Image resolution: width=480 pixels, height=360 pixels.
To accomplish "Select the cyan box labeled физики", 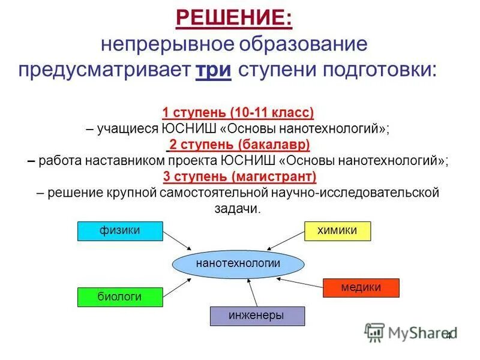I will click(x=120, y=231).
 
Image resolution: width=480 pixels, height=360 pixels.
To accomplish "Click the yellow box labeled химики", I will click(x=337, y=231).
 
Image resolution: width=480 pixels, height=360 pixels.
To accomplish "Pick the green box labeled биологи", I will click(x=120, y=297).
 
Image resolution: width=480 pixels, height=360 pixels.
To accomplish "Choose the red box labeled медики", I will click(x=361, y=287).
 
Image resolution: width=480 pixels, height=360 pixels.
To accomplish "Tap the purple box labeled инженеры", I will click(x=257, y=316).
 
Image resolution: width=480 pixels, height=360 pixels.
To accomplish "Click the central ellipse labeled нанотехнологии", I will click(x=238, y=264).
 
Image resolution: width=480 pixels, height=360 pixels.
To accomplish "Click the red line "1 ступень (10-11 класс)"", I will click(x=238, y=113).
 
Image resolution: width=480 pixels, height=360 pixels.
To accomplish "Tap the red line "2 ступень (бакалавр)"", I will click(x=238, y=145).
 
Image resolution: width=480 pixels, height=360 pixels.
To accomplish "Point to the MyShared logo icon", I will click(x=374, y=332).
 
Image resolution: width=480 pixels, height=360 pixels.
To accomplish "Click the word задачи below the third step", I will click(x=238, y=209).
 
